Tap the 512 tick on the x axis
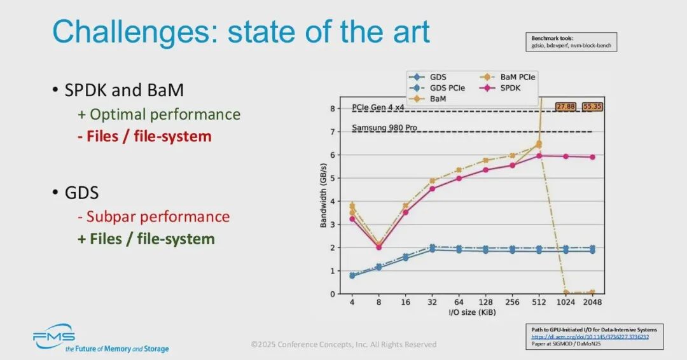coord(538,303)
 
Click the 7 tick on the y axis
coord(332,132)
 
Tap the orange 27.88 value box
coord(566,106)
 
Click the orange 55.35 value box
coord(592,106)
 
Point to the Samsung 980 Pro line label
coord(384,128)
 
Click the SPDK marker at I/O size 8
coord(379,247)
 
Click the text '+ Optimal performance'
coord(159,114)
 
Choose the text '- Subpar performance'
coord(153,216)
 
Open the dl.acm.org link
coord(591,337)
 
